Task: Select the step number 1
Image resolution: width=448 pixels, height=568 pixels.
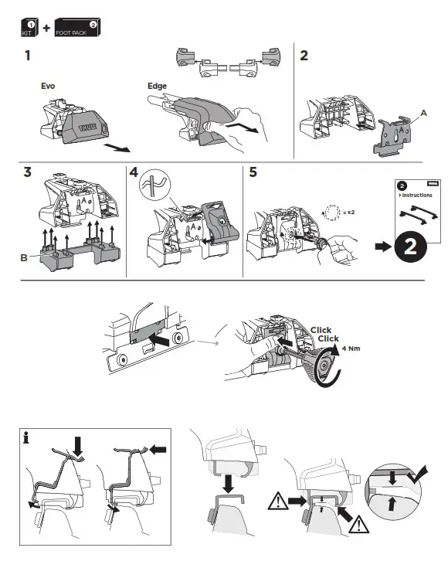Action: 28,56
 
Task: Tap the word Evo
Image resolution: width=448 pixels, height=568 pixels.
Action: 48,87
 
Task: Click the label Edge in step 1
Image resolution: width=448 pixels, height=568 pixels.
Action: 157,87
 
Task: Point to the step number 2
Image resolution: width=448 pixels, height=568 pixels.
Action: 304,56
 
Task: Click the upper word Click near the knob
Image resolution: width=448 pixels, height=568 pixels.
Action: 321,330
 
